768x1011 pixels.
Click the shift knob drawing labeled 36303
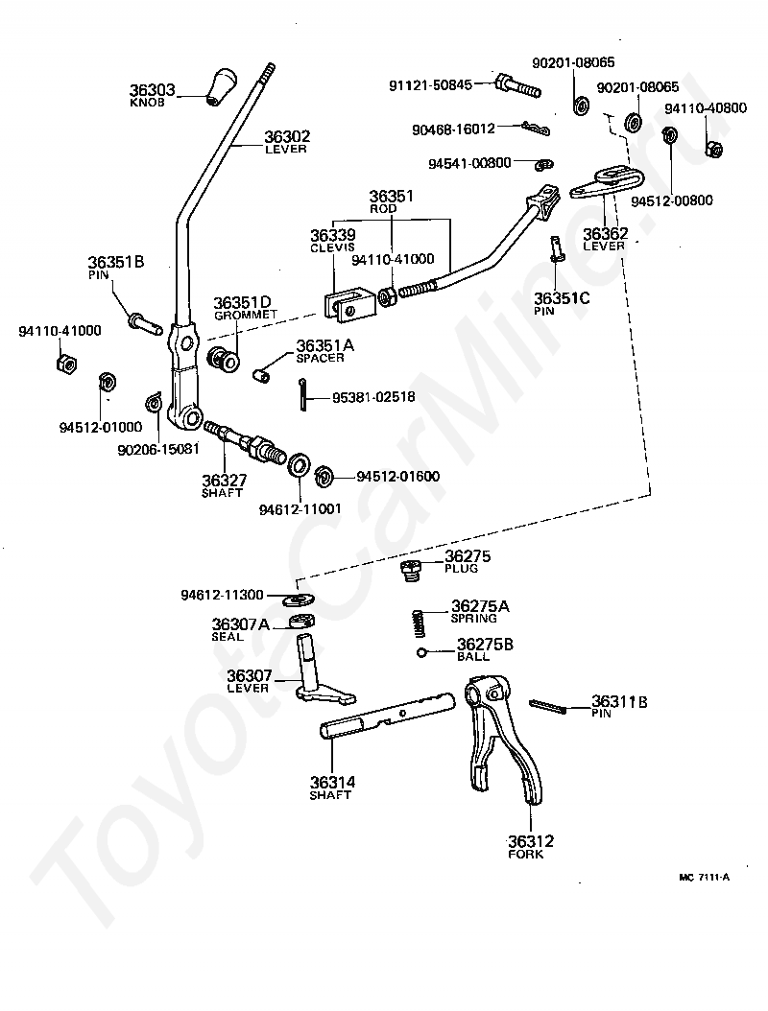click(x=221, y=85)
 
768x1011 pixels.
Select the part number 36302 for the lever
click(x=287, y=136)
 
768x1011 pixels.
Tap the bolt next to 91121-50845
click(x=516, y=86)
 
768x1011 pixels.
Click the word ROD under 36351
click(x=383, y=209)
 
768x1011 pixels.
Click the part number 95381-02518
click(x=373, y=397)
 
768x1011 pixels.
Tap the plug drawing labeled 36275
click(x=408, y=571)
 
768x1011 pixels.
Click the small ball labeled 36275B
click(x=421, y=652)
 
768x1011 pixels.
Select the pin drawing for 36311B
click(x=548, y=706)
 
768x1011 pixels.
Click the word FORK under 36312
click(x=525, y=855)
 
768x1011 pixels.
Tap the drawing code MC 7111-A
click(x=704, y=877)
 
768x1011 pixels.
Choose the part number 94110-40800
click(x=706, y=107)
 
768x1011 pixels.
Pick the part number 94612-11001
click(x=300, y=508)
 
